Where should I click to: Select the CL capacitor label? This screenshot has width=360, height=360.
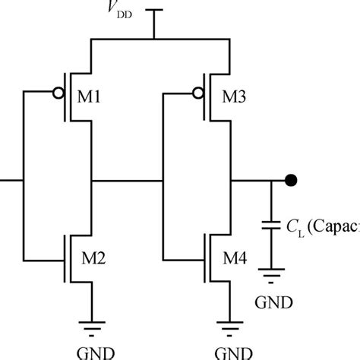click(x=319, y=226)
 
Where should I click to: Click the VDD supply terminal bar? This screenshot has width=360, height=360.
click(x=155, y=11)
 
